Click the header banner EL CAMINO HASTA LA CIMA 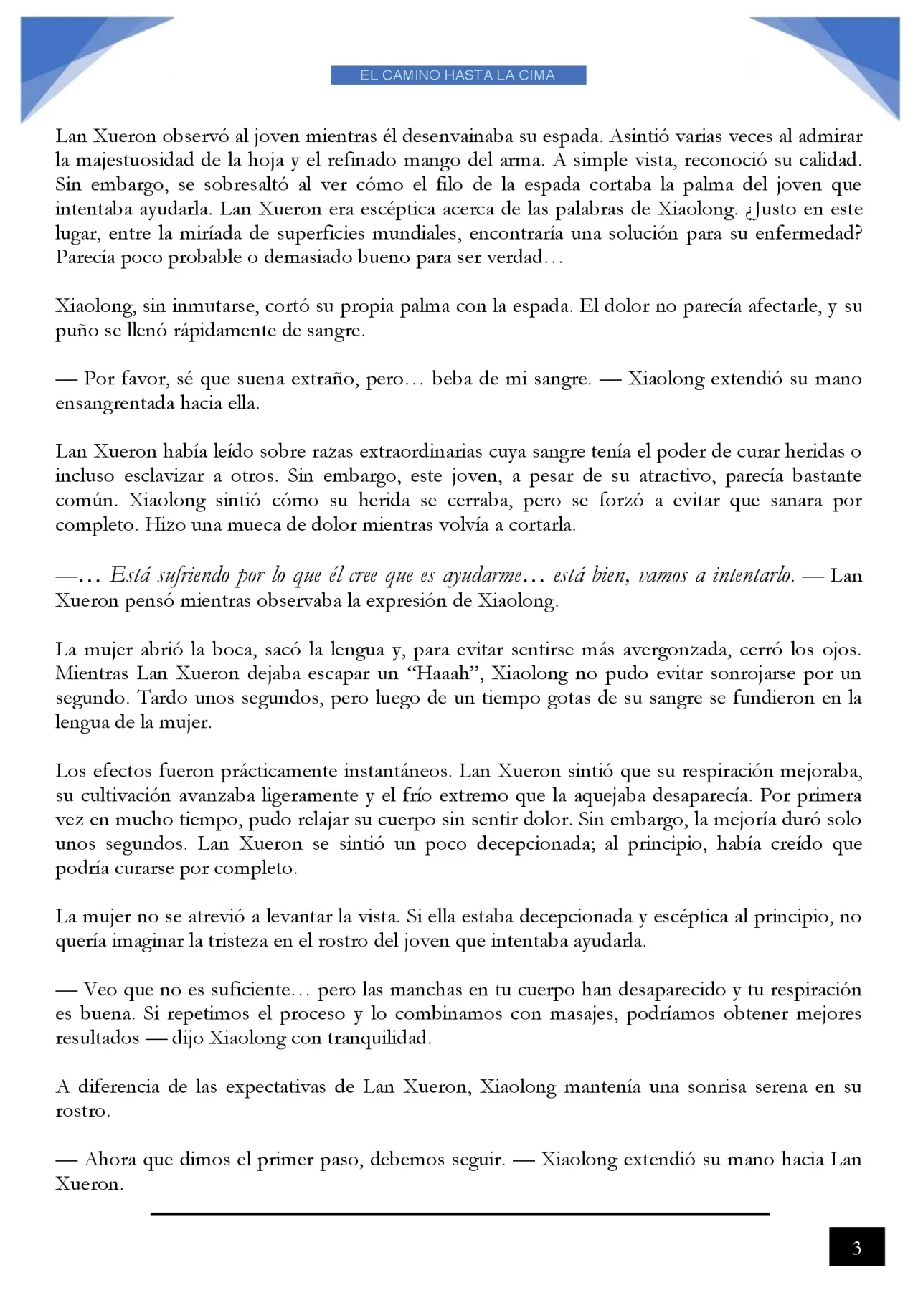(x=458, y=75)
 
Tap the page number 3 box (x=856, y=1249)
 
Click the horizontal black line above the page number (x=459, y=1213)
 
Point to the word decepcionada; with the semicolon (x=535, y=844)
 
